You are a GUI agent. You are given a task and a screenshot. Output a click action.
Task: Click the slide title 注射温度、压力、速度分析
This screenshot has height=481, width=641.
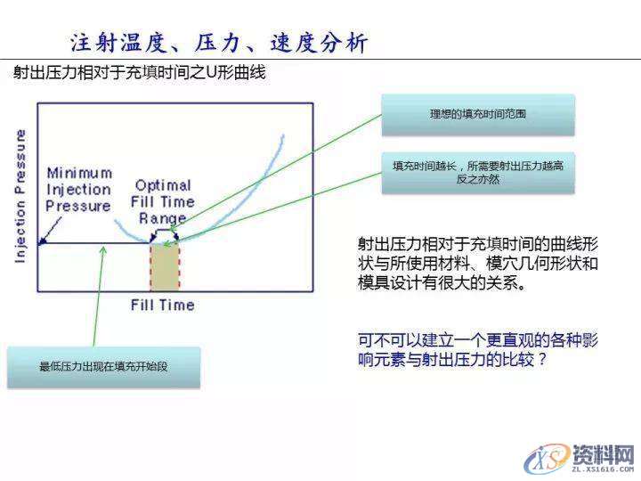[x=218, y=42]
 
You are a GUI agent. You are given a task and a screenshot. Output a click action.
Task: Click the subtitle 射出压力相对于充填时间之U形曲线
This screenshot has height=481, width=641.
[x=139, y=73]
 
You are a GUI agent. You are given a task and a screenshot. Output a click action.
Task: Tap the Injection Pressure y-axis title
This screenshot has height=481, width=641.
[x=20, y=196]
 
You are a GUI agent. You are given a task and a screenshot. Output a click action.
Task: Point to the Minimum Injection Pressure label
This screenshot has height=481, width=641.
[x=79, y=189]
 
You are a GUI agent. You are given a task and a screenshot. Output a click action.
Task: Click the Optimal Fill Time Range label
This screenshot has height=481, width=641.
[x=162, y=201]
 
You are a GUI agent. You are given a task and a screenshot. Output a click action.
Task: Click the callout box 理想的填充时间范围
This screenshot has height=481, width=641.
[x=477, y=115]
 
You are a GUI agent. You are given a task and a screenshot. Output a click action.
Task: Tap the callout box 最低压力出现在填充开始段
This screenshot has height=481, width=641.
[x=104, y=366]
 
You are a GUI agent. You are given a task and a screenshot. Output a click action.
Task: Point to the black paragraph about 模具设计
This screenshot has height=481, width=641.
[x=476, y=264]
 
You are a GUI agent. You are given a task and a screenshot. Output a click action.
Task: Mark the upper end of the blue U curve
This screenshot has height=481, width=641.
[x=283, y=136]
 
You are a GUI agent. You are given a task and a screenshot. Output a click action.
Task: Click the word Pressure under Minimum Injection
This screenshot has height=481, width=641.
[x=79, y=207]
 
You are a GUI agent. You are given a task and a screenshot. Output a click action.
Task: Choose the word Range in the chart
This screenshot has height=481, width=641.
[x=162, y=218]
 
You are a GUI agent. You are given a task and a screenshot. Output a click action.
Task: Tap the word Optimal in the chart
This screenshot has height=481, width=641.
[x=163, y=185]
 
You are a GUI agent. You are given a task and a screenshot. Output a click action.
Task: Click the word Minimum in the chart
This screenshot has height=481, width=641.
[x=80, y=172]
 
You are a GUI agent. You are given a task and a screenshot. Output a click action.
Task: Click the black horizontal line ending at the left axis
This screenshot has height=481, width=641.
[x=89, y=242]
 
